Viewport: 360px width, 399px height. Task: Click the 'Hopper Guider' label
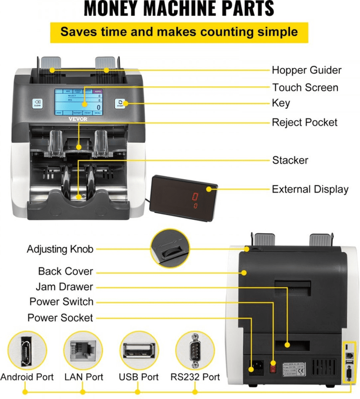pos(306,70)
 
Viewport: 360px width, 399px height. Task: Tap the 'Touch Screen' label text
pos(305,87)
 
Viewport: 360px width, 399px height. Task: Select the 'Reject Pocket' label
pos(304,122)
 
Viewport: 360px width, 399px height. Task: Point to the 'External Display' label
pos(310,189)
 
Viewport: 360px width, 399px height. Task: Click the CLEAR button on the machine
pos(37,103)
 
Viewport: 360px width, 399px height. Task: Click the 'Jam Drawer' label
pos(64,287)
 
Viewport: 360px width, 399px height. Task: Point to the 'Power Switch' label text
pos(62,302)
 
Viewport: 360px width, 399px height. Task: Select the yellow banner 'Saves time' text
pos(179,32)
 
